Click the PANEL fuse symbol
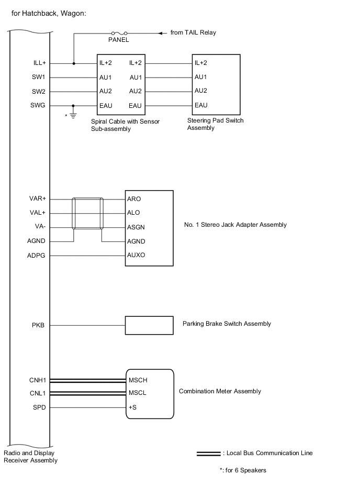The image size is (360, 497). [x=118, y=33]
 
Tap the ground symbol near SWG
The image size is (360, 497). [x=73, y=114]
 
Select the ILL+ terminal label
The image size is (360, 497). [x=39, y=63]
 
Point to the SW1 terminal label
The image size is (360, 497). [x=39, y=78]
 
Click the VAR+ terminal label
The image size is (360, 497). [x=38, y=199]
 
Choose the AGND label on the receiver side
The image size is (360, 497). [x=37, y=241]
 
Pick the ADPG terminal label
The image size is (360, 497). [x=37, y=256]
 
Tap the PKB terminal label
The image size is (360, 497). [x=38, y=325]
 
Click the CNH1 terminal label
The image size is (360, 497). [x=38, y=379]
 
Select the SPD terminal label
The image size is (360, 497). [x=39, y=407]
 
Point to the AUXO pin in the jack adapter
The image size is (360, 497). [x=136, y=255]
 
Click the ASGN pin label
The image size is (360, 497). [x=136, y=227]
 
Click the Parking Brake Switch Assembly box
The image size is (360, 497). [x=149, y=325]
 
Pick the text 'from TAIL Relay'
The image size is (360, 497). [x=193, y=32]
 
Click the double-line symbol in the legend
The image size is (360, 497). [x=208, y=454]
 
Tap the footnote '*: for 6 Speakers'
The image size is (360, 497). [x=243, y=470]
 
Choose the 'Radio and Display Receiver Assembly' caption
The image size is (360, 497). [x=30, y=457]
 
